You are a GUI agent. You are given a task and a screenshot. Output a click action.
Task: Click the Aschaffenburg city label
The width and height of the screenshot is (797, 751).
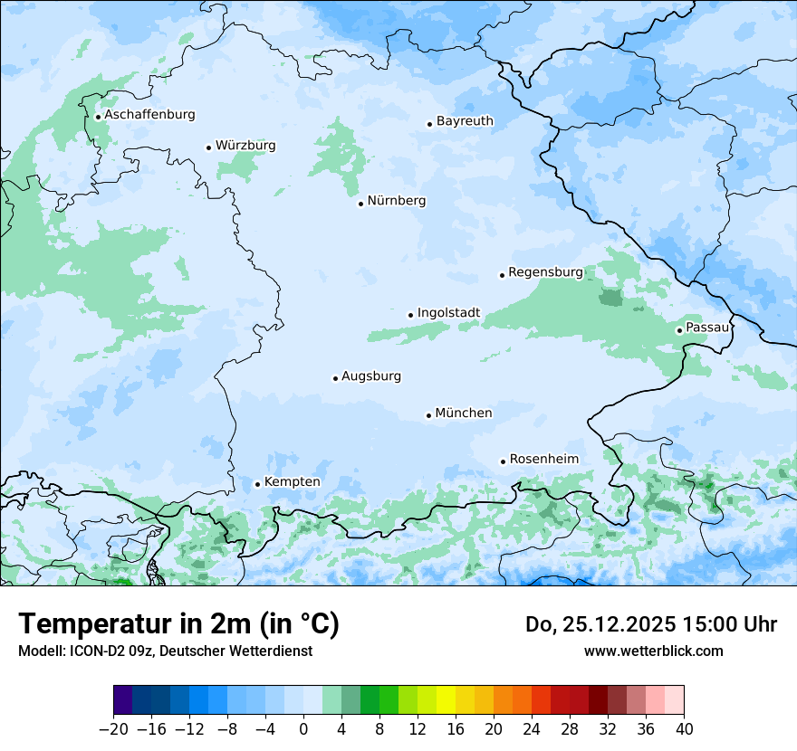pos(149,115)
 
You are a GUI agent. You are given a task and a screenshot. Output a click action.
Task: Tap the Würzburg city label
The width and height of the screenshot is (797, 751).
pos(245,146)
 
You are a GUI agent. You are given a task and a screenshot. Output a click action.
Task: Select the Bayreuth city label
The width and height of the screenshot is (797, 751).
pos(465,121)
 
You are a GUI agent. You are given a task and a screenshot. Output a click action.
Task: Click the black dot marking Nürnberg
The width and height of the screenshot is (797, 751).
pos(360,204)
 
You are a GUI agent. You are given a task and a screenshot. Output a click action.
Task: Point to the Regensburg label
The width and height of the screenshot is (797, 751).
pos(545,272)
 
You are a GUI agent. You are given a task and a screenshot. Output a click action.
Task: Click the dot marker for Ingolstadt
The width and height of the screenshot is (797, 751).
pos(410,315)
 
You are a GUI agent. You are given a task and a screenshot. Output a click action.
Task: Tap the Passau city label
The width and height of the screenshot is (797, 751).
pos(706,328)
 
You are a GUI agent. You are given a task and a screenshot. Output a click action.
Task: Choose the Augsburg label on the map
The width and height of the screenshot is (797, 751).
pos(371,376)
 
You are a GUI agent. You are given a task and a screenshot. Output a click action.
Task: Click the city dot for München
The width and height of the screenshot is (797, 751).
pos(428,416)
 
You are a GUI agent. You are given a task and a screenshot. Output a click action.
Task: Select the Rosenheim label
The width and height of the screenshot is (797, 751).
pos(543,460)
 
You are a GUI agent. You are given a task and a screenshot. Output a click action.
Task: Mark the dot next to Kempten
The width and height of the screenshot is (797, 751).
pos(257,484)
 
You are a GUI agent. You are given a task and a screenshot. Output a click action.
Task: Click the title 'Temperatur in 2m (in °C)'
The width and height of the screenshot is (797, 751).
pos(178,624)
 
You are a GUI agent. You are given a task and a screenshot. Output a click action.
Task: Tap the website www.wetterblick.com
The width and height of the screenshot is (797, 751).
pos(653,651)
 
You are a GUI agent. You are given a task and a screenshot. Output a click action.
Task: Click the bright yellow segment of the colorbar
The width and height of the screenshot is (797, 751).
pos(446,700)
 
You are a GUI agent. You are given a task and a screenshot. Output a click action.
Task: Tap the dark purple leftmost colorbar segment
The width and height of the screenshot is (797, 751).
pos(123,700)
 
